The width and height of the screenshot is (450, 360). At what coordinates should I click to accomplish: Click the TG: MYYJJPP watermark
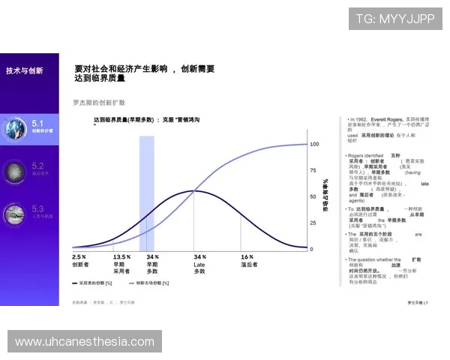[394, 19]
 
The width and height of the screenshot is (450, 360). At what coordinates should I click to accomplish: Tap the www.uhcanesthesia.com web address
[84, 342]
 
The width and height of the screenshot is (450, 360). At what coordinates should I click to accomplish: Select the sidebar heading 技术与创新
[25, 70]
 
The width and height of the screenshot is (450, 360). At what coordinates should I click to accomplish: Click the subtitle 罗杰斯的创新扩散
[98, 102]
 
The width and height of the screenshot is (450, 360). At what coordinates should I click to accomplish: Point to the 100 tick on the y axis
[315, 143]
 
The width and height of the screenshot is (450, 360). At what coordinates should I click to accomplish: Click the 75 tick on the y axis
[313, 170]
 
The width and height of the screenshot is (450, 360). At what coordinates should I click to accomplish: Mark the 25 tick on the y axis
[313, 223]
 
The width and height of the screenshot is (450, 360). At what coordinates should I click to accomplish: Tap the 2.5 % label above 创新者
[79, 256]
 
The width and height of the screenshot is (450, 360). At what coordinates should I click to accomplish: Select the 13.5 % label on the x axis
[122, 256]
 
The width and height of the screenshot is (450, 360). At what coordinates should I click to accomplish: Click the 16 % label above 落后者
[247, 256]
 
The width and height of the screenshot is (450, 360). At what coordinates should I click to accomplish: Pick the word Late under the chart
[199, 264]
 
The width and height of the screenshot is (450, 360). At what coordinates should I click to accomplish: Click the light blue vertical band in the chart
[146, 187]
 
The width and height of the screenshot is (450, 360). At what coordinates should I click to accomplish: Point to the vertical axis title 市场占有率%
[325, 196]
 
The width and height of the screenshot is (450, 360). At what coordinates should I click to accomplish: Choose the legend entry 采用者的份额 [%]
[94, 283]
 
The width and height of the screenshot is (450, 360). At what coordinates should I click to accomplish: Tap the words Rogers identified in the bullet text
[365, 155]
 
